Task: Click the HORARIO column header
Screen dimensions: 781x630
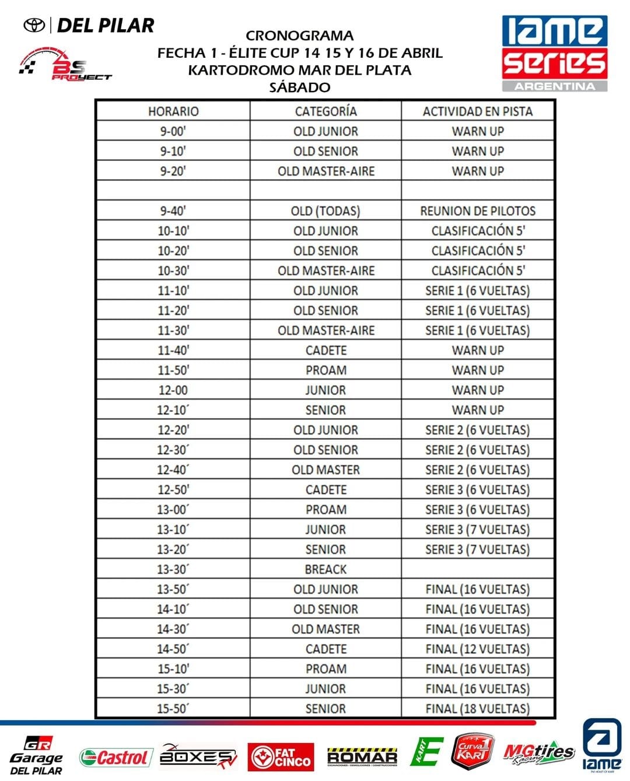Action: click(x=173, y=111)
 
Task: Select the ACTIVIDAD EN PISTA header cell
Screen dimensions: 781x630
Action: click(x=477, y=111)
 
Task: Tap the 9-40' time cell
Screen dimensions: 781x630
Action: click(x=173, y=211)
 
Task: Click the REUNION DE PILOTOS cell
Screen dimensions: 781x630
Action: click(x=477, y=211)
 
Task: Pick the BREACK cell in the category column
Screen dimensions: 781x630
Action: click(x=325, y=569)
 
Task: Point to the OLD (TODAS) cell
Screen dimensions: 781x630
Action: click(x=325, y=211)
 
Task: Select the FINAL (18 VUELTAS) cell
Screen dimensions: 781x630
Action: click(x=477, y=709)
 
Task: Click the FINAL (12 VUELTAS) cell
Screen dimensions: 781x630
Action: click(x=477, y=649)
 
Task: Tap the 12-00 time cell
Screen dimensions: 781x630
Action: click(x=173, y=390)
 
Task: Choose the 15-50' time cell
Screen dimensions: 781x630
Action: click(x=173, y=709)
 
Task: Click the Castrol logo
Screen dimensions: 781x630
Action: click(x=116, y=758)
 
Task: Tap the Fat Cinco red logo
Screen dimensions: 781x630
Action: click(x=281, y=757)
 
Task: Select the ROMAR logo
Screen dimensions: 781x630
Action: click(x=362, y=757)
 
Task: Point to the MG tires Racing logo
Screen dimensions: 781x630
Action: click(x=538, y=754)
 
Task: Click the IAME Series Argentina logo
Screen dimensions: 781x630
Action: click(x=554, y=53)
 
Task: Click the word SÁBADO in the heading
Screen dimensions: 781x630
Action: click(x=300, y=87)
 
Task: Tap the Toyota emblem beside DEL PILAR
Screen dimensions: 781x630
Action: click(x=34, y=25)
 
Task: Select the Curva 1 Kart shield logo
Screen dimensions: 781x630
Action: click(x=472, y=752)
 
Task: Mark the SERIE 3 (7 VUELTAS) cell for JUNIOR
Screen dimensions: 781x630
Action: click(x=477, y=530)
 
